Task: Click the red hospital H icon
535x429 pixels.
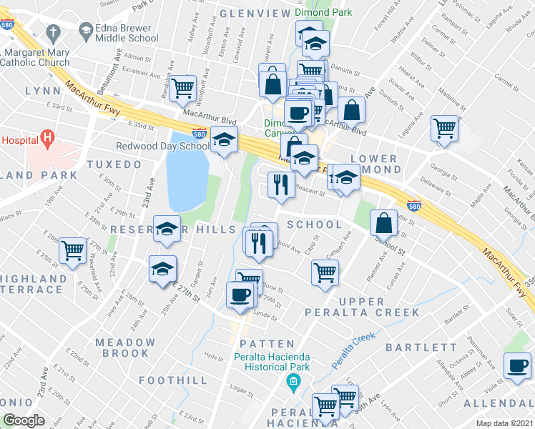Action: coord(48,136)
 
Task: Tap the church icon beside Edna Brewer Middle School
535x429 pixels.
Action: coord(53,33)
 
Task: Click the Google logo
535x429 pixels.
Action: coord(24,420)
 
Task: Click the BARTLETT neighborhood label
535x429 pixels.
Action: coord(421,347)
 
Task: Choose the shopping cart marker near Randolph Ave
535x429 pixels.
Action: coord(184,89)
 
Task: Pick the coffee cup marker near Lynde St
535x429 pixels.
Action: coord(240,294)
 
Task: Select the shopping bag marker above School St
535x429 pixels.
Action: coord(384,223)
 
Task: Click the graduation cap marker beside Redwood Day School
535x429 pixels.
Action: coord(225,139)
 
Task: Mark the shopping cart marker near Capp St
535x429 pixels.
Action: coord(325,272)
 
